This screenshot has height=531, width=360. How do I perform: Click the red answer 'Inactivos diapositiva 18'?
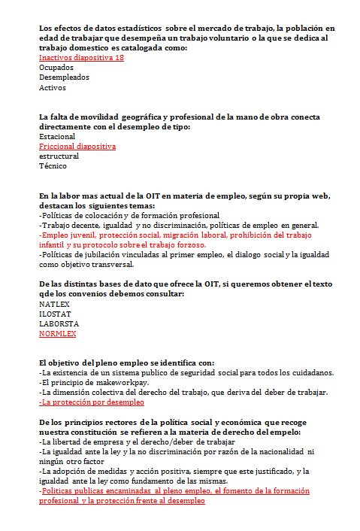tap(81, 57)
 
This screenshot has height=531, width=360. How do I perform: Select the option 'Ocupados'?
tap(56, 67)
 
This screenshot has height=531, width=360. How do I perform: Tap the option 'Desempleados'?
tap(64, 77)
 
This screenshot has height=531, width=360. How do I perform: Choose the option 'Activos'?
tap(53, 87)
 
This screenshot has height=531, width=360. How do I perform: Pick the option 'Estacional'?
tap(57, 137)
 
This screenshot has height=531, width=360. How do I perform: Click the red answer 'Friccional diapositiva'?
tap(77, 147)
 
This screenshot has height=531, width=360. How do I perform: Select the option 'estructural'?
tap(58, 156)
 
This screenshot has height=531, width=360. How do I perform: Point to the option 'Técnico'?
tap(53, 166)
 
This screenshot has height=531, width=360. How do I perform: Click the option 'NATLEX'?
tap(53, 304)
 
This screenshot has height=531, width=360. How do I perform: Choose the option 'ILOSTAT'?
tap(55, 314)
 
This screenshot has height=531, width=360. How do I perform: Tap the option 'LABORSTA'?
tap(57, 323)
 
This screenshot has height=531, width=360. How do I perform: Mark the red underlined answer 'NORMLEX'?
tap(57, 333)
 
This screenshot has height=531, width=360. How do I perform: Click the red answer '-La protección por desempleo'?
tap(91, 402)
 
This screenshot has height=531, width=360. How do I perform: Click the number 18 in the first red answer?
tap(119, 57)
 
